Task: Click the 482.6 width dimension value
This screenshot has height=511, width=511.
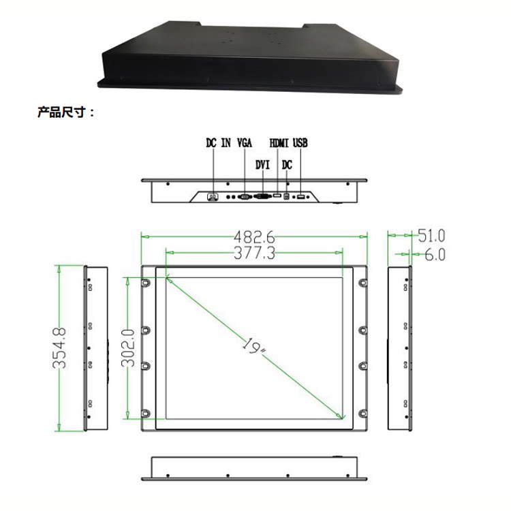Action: (x=255, y=237)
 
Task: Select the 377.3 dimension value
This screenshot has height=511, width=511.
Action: (x=255, y=253)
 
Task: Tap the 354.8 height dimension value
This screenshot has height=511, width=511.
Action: (x=59, y=348)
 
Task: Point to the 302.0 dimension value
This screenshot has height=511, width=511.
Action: (x=128, y=348)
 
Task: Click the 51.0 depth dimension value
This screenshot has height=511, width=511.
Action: (x=431, y=236)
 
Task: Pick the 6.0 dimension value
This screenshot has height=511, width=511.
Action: (x=435, y=255)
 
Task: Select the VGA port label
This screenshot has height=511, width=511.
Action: (x=245, y=143)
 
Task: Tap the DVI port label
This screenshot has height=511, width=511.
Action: (x=263, y=165)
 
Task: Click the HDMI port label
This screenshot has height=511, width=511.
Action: (x=279, y=143)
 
